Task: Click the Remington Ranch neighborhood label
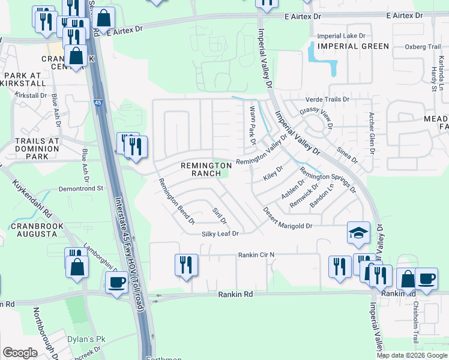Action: point(206,169)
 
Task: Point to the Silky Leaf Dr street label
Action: point(220,233)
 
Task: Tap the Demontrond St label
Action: point(81,188)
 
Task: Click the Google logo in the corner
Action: point(20,353)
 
